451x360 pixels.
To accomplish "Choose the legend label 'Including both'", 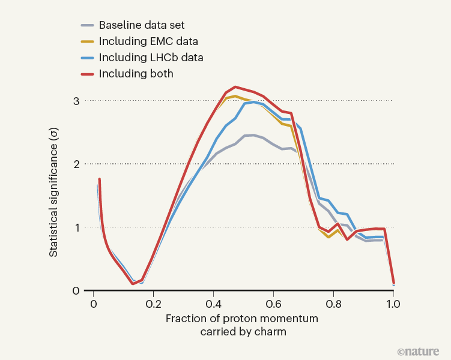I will tap(136, 74).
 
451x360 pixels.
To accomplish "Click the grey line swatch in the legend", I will tap(87, 26).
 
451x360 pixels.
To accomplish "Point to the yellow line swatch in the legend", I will tap(87, 42).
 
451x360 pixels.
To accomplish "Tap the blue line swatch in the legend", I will tap(87, 58).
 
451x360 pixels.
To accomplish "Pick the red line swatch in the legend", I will tap(87, 74).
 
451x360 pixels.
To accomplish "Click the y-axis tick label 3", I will tap(76, 101).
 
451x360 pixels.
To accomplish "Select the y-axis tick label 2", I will tap(76, 164).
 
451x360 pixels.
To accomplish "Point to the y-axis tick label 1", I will tap(76, 227).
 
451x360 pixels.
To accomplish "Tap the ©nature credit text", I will tap(418, 351).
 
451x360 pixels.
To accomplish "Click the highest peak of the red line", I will tap(235, 87).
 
